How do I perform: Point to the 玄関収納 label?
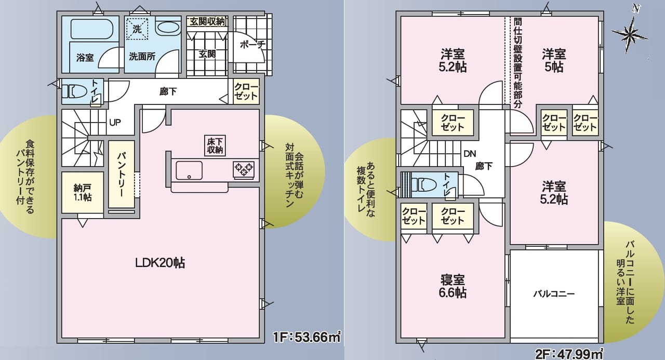tap(207, 21)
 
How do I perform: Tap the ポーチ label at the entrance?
tap(252, 45)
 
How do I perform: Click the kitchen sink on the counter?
tap(189, 169)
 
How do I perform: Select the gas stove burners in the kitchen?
tap(244, 168)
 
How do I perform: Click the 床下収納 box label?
tap(215, 145)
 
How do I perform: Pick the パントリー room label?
tap(121, 175)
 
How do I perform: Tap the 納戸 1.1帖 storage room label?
tap(82, 192)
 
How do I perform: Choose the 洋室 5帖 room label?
tap(554, 60)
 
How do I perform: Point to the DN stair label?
tap(470, 154)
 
